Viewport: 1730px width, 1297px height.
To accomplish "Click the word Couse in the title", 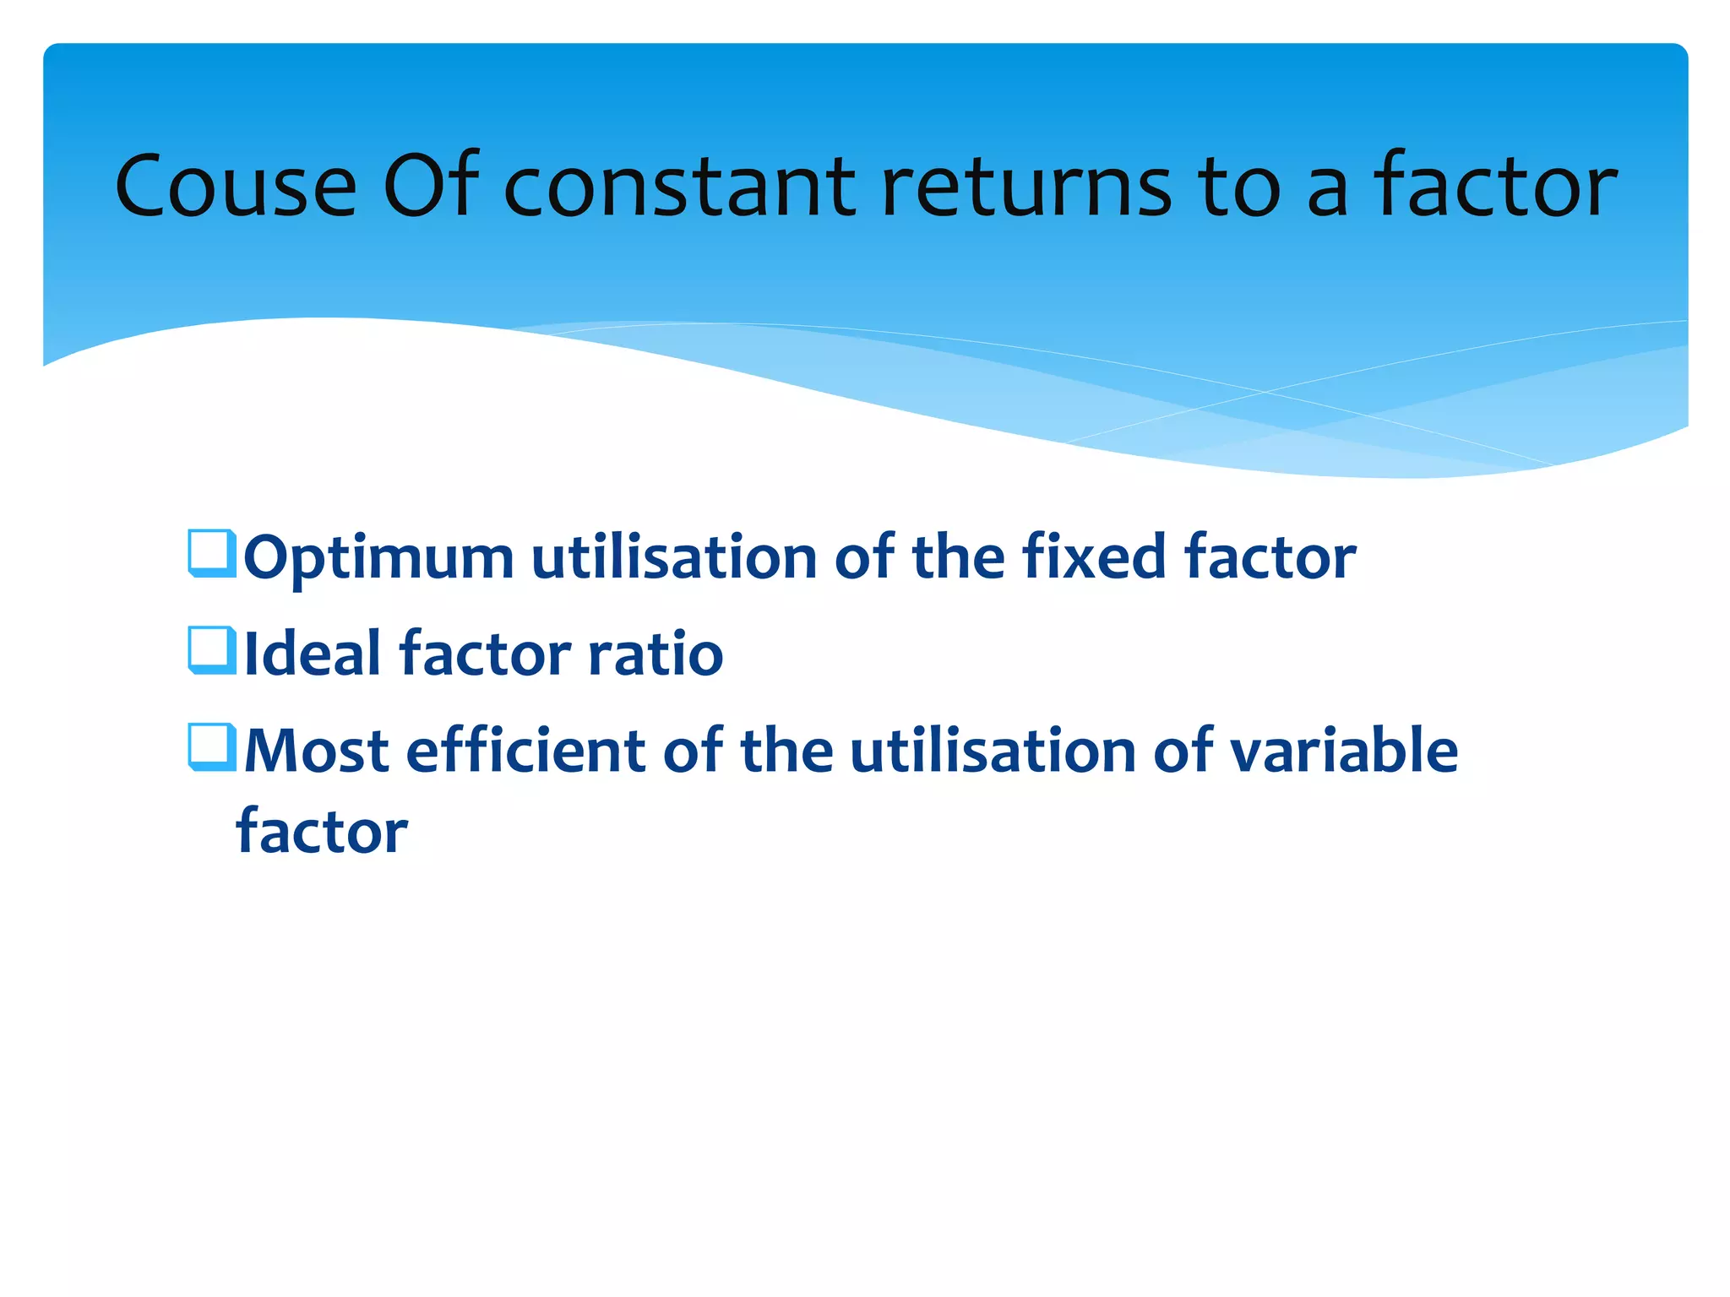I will (x=236, y=187).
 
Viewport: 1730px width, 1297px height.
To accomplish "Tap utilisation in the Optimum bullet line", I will (x=673, y=557).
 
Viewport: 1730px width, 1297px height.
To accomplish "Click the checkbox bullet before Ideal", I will (x=211, y=650).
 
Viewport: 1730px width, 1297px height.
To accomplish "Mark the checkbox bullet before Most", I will (x=211, y=747).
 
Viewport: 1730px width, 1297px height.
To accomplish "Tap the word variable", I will (x=1343, y=751).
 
